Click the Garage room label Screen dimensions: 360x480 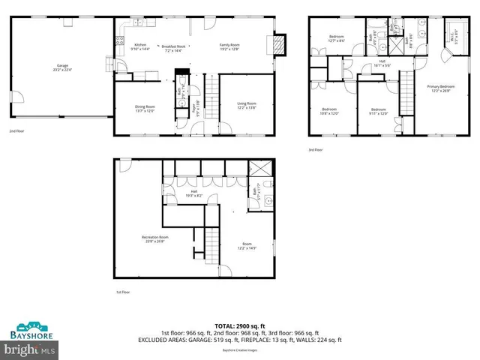click(61, 67)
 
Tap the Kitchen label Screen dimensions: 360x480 click(140, 46)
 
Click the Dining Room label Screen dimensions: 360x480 click(144, 108)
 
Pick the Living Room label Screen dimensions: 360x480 click(247, 105)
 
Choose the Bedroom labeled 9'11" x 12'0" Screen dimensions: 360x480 click(379, 112)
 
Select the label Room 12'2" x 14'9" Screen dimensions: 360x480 click(247, 245)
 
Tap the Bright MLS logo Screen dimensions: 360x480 click(30, 349)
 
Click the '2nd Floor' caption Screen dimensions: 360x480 click(17, 131)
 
